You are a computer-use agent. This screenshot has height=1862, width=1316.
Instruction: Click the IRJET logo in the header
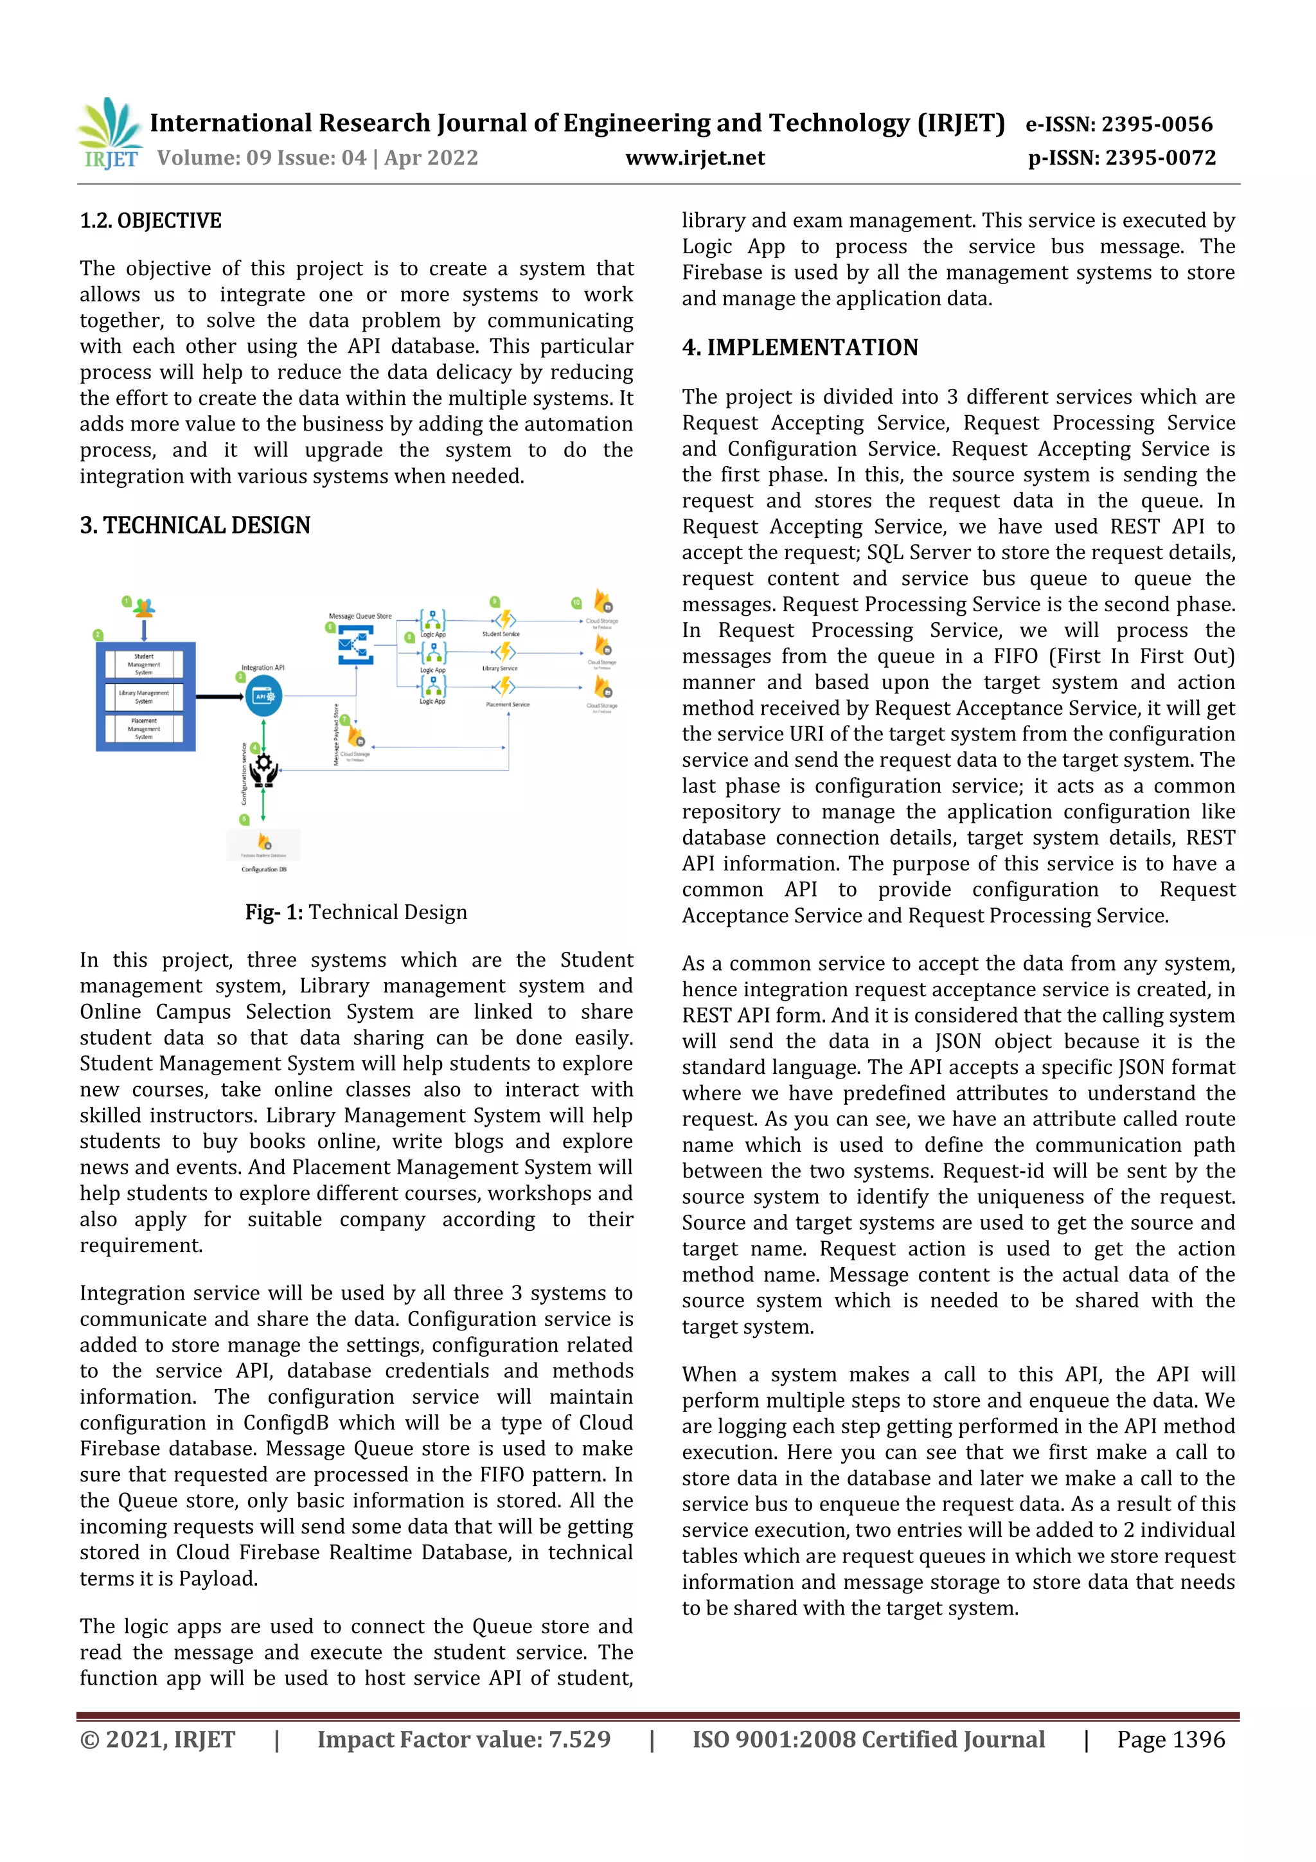109,134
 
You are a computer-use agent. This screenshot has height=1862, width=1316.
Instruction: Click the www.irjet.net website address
694,157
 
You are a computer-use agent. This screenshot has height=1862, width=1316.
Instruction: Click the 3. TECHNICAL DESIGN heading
195,526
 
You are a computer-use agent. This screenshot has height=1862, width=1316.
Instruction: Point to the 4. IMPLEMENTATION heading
799,347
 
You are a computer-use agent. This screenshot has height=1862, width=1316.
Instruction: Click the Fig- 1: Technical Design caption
356,912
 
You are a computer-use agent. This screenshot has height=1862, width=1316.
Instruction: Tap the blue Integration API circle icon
263,696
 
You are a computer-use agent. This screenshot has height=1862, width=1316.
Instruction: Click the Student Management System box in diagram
145,664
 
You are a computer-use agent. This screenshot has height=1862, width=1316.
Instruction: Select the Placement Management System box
145,728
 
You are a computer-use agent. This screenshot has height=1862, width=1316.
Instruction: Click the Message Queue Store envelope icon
355,645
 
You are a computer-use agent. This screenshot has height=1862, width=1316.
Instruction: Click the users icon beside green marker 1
145,607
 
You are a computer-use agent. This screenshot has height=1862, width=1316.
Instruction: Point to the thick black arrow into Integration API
219,696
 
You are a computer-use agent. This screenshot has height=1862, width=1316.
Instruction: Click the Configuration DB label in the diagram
263,870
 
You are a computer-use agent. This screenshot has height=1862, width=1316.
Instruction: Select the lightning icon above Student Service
504,620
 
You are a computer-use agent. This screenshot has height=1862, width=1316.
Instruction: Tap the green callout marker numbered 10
576,602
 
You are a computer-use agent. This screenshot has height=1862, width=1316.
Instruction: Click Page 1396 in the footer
1170,1739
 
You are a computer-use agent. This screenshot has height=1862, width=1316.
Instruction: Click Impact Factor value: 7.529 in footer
463,1739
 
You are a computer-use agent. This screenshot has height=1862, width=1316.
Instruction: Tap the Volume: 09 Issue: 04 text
261,157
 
